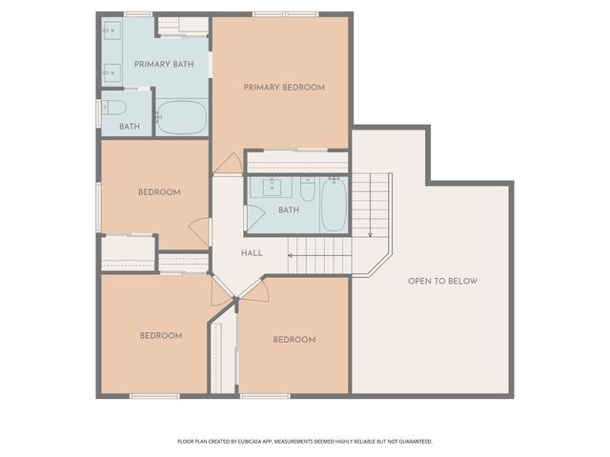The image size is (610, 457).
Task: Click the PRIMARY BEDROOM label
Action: pyautogui.click(x=284, y=88)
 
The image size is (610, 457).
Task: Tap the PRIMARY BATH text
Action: pyautogui.click(x=164, y=65)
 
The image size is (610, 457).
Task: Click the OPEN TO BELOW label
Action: pyautogui.click(x=442, y=281)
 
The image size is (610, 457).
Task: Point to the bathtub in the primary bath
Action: pyautogui.click(x=181, y=118)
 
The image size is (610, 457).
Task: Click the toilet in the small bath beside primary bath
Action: pyautogui.click(x=113, y=108)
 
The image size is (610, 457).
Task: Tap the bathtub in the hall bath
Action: pyautogui.click(x=334, y=204)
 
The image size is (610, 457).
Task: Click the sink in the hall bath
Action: pyautogui.click(x=272, y=185)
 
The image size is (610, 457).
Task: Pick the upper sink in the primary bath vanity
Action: pyautogui.click(x=112, y=30)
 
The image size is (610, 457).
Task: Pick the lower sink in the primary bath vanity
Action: pyautogui.click(x=112, y=70)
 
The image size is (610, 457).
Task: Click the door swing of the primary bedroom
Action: pyautogui.click(x=227, y=164)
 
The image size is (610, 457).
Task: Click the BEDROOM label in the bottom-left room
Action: pyautogui.click(x=161, y=335)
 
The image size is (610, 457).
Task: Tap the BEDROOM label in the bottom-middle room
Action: pyautogui.click(x=294, y=340)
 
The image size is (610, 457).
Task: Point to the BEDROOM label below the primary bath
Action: pyautogui.click(x=159, y=192)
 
